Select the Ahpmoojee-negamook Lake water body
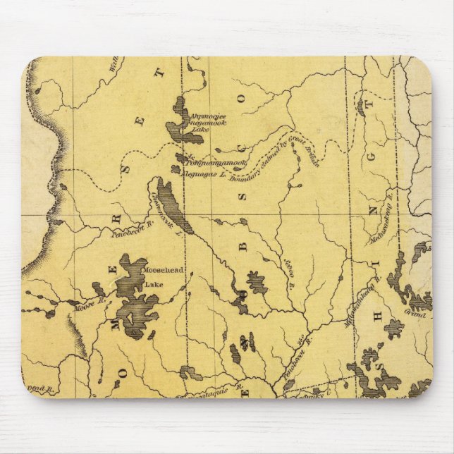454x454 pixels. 175,127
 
